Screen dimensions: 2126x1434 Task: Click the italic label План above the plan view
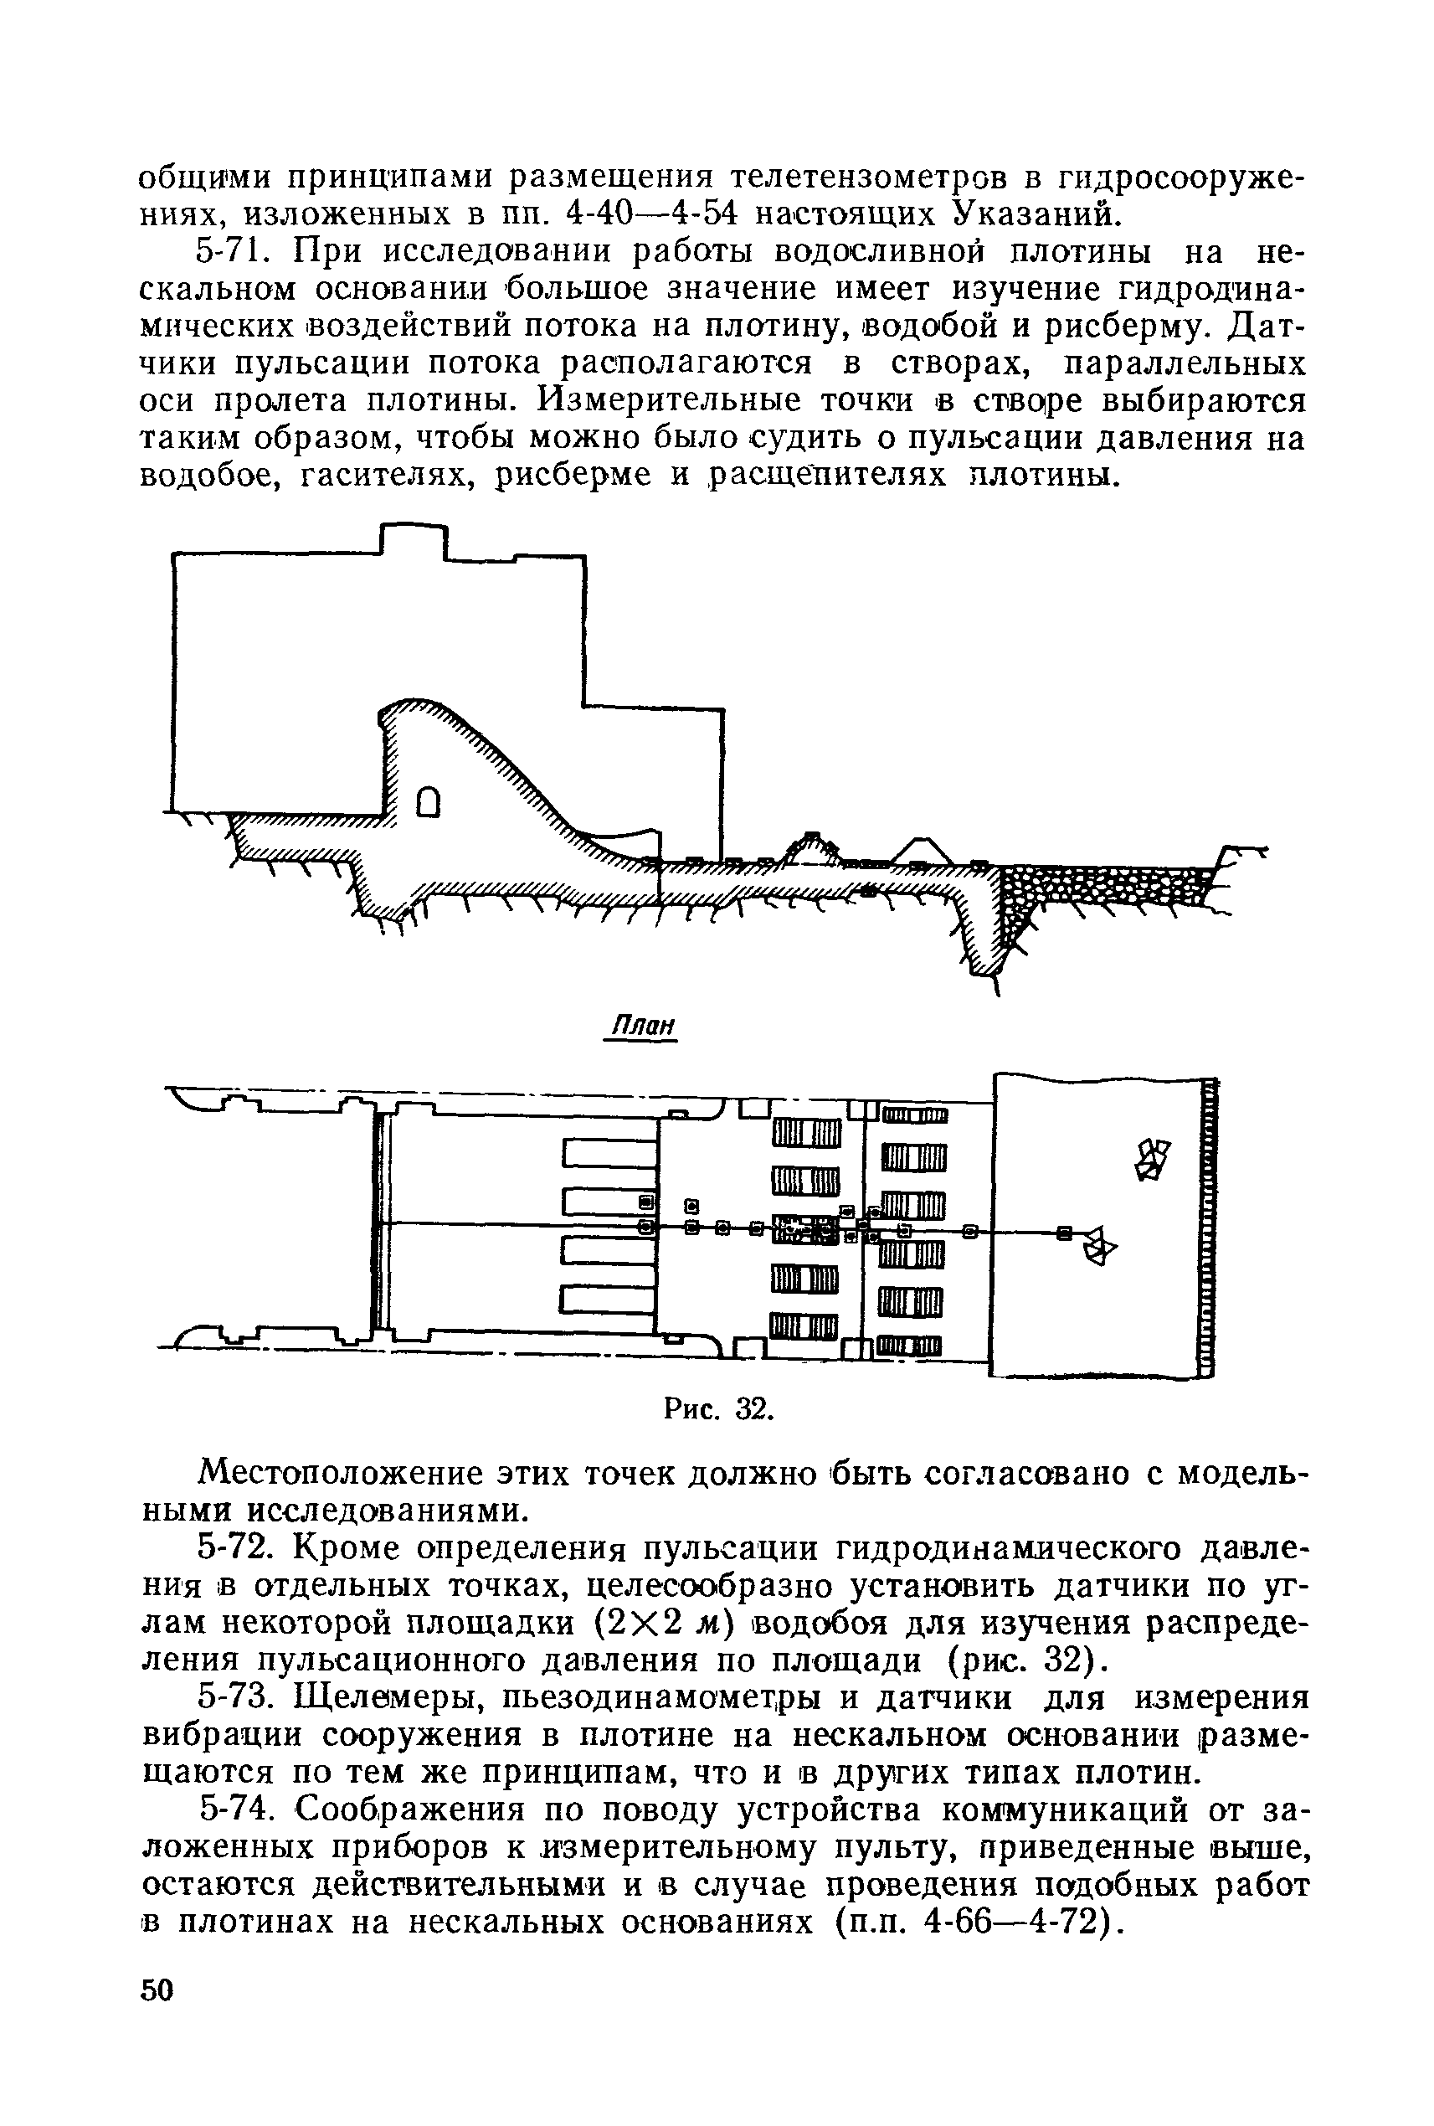coord(642,1026)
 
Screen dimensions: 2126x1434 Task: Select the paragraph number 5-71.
coord(240,250)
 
